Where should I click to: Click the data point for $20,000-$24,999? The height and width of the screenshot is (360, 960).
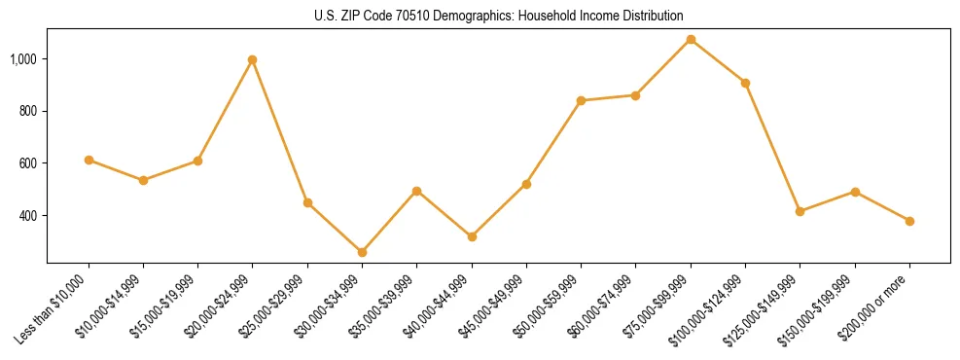pos(253,59)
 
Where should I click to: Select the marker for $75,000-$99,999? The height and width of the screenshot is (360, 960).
pos(691,39)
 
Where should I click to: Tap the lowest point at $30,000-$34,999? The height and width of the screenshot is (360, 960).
pos(362,252)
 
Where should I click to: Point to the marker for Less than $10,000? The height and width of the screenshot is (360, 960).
pos(89,160)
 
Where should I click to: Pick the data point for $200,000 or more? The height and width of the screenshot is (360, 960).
pos(909,221)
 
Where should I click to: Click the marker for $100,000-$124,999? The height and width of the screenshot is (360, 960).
pos(745,83)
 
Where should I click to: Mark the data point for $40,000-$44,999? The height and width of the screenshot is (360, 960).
pos(472,236)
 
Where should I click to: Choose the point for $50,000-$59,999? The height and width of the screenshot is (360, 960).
pos(581,100)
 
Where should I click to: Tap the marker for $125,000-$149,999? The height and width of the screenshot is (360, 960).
pos(800,211)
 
